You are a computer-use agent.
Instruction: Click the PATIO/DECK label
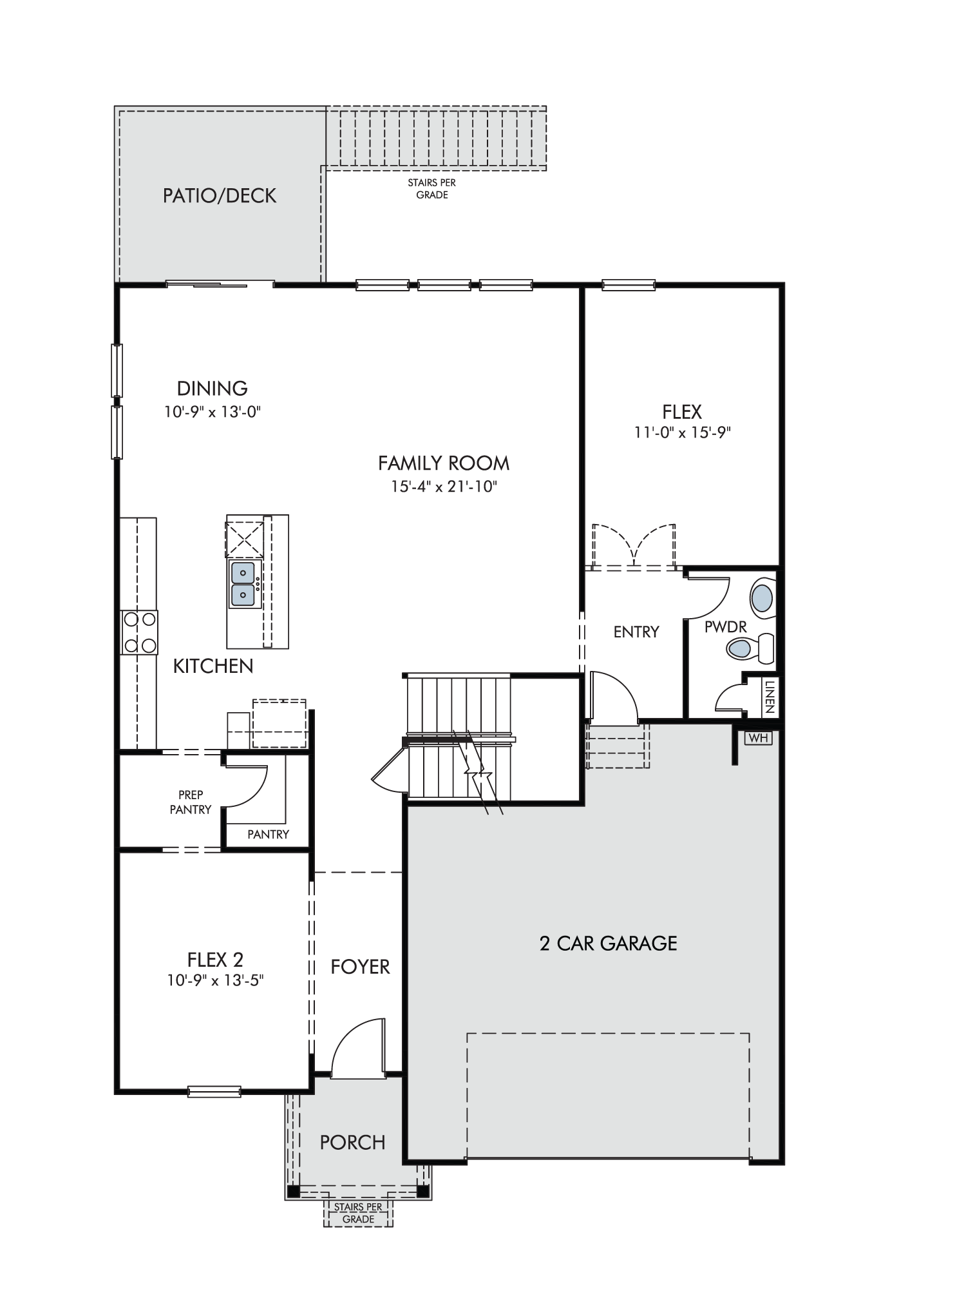coord(219,195)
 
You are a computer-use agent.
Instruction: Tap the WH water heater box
coord(759,738)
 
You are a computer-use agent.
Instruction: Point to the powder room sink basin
coord(762,599)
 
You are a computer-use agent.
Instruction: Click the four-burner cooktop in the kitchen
coord(140,632)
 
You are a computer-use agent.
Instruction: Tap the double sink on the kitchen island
coord(243,584)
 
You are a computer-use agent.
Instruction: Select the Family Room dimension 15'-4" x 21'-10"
coord(444,487)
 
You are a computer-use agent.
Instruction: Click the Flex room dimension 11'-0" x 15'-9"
coord(682,432)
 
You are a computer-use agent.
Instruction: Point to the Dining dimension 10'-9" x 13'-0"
coord(213,411)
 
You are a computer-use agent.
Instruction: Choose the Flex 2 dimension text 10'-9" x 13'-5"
coord(216,980)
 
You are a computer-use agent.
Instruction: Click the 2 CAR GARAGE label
coord(609,944)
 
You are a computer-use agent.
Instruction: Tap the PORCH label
coord(352,1143)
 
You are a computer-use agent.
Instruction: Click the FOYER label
coord(360,967)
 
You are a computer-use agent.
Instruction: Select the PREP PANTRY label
coord(191,802)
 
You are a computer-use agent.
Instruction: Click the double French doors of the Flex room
coord(634,547)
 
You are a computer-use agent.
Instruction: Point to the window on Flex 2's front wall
coord(214,1092)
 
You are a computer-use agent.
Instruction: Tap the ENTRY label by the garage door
coord(636,632)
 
